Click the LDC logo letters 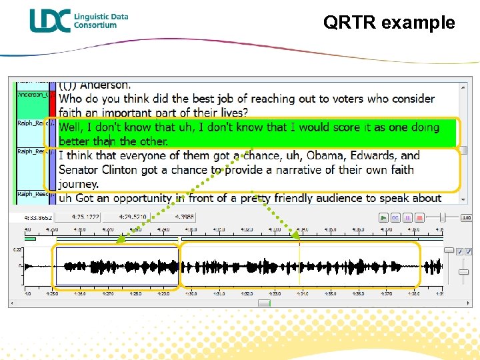(49, 20)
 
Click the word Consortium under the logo (95, 25)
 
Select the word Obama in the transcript (349, 155)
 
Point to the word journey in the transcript (78, 183)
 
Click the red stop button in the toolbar (419, 217)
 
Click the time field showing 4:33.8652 (39, 217)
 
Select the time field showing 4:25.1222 (86, 217)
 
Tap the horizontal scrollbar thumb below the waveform (265, 302)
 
